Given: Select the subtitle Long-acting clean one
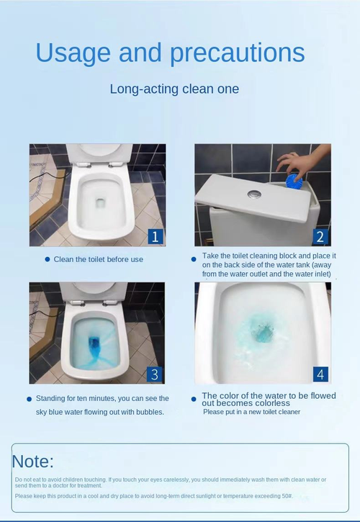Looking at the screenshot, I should (x=174, y=89).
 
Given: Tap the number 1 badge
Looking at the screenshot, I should (x=155, y=236).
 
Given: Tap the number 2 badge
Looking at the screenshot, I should (x=320, y=236).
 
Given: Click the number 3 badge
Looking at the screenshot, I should (x=155, y=374).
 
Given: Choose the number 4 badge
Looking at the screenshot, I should (x=320, y=374).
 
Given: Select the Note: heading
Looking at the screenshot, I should (x=33, y=462).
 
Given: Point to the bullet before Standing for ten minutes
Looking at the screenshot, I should (x=30, y=398).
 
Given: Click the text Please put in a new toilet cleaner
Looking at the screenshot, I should (x=251, y=412).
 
